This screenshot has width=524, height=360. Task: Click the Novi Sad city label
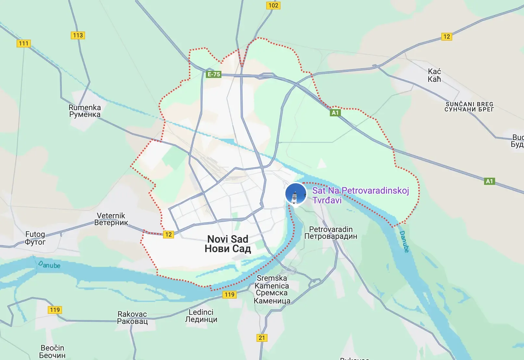[x=228, y=244]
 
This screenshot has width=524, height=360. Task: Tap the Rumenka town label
[x=85, y=111]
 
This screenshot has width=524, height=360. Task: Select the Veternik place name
[x=111, y=219]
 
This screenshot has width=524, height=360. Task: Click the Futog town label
[x=35, y=238]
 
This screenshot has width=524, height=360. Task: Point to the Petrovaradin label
[x=331, y=233]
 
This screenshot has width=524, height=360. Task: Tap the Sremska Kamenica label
[x=272, y=289]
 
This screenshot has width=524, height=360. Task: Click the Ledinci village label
[x=201, y=315]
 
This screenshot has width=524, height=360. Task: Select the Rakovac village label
[x=132, y=317]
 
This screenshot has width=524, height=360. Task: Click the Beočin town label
[x=52, y=351]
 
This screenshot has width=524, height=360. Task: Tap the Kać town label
[x=434, y=75]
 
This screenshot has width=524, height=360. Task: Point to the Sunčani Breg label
[x=469, y=107]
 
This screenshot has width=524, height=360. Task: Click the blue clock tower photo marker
[x=295, y=194]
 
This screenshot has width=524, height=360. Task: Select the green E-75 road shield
[x=214, y=74]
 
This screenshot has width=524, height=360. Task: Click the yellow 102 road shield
[x=273, y=5]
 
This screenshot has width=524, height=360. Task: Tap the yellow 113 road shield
[x=78, y=35]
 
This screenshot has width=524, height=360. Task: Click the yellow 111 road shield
[x=24, y=43]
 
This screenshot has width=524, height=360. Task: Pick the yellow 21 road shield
[x=262, y=338]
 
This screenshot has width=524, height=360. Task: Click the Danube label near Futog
[x=49, y=264]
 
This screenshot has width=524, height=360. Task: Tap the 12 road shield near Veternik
[x=168, y=234]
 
